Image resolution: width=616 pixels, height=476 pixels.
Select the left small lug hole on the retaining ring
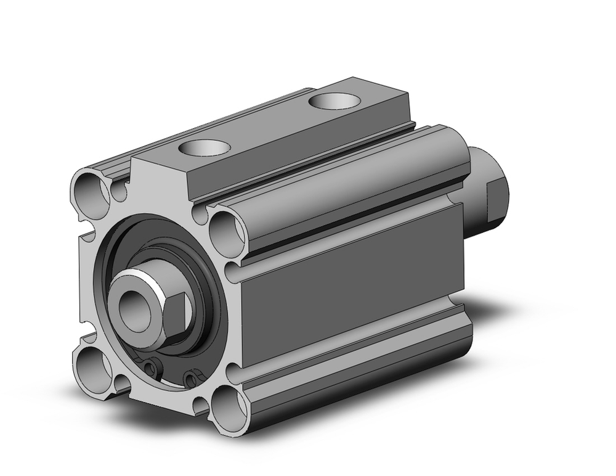coord(150,369)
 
